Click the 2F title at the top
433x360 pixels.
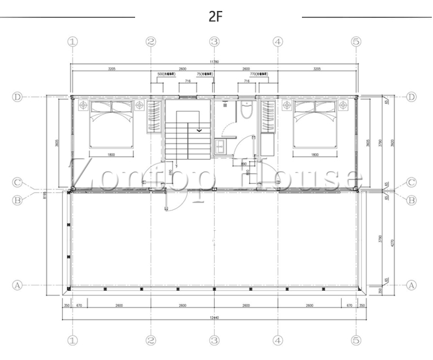point(215,16)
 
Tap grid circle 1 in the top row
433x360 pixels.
point(73,42)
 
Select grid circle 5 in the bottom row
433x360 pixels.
point(356,340)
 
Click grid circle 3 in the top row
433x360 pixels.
point(215,42)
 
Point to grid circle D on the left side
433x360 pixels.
point(17,97)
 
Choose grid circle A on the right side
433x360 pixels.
point(412,285)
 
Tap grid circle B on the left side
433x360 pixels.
point(17,200)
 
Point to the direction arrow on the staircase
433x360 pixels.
point(199,130)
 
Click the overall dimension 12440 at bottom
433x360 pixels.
point(214,317)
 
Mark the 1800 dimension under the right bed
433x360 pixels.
point(315,155)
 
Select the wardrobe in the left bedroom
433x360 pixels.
point(155,117)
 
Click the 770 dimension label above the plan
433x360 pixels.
point(252,74)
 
